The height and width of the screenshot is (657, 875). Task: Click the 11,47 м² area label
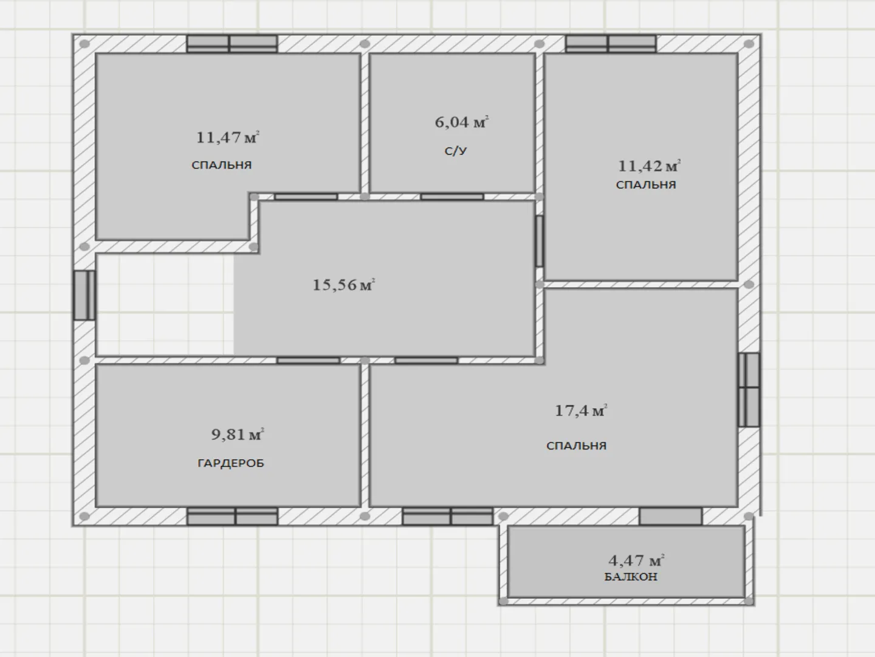click(228, 137)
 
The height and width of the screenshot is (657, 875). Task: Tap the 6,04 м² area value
click(462, 122)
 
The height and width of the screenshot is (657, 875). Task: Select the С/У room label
click(456, 151)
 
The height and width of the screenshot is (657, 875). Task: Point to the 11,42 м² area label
click(649, 165)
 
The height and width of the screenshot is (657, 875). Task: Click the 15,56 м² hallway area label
click(344, 285)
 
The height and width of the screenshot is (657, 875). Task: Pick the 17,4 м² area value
click(581, 411)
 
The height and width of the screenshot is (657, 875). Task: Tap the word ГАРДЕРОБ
click(231, 463)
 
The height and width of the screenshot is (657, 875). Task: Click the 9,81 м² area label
click(238, 434)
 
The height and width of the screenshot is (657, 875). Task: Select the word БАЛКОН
click(631, 577)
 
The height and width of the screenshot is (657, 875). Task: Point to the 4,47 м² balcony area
click(636, 560)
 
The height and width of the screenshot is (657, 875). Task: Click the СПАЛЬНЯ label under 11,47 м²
click(222, 165)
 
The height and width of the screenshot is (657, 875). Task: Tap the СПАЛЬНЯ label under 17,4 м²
click(577, 445)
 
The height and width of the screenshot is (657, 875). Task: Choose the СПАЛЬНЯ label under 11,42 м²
click(646, 185)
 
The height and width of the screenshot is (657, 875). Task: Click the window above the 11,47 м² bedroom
click(232, 44)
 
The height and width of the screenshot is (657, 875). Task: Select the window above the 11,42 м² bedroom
click(611, 44)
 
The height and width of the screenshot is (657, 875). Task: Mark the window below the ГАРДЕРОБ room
click(232, 516)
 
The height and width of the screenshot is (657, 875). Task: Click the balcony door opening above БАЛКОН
click(671, 516)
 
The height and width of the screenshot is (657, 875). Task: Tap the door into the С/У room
click(452, 196)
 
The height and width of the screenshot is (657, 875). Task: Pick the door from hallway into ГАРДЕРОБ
click(308, 361)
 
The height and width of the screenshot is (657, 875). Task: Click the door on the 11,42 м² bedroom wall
click(540, 241)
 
